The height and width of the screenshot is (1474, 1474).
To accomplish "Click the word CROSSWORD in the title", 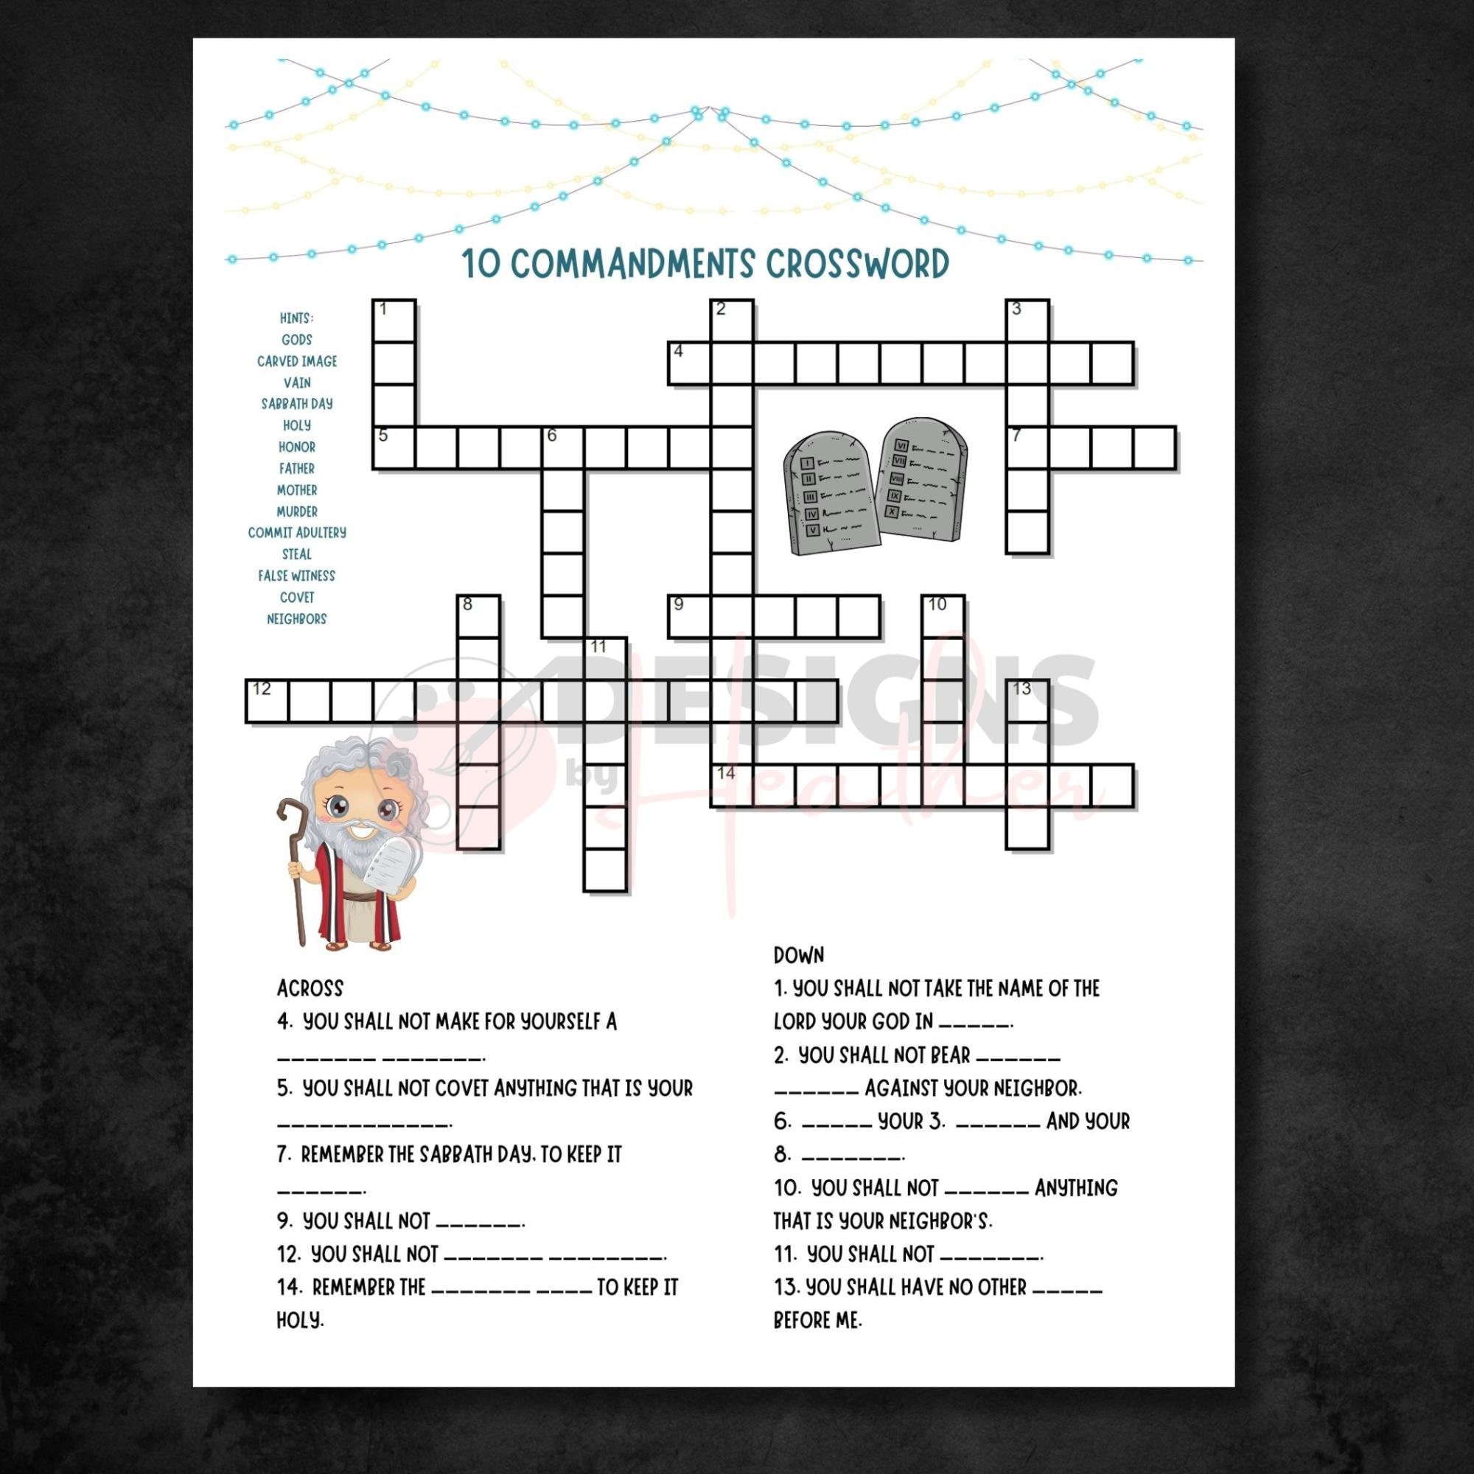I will pyautogui.click(x=857, y=264).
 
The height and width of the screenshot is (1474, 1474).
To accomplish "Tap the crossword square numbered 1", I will pyautogui.click(x=394, y=321).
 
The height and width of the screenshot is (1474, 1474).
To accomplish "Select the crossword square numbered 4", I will pyautogui.click(x=689, y=363).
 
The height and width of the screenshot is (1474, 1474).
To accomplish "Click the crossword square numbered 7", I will pyautogui.click(x=1026, y=448).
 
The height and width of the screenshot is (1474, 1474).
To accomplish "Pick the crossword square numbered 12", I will pyautogui.click(x=266, y=701).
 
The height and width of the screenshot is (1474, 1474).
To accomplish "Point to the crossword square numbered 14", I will pyautogui.click(x=732, y=786).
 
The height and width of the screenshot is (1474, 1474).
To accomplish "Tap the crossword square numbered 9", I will pyautogui.click(x=689, y=616).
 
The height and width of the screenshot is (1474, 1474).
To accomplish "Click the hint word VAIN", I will pyautogui.click(x=297, y=383).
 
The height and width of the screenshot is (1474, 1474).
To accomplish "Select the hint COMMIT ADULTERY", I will pyautogui.click(x=297, y=533).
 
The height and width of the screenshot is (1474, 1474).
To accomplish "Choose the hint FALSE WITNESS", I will pyautogui.click(x=297, y=576).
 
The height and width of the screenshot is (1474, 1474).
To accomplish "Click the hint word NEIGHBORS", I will pyautogui.click(x=297, y=619).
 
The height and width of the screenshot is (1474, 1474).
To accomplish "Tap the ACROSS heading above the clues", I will pyautogui.click(x=310, y=988).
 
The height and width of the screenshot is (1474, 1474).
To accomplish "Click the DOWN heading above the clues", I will pyautogui.click(x=799, y=955).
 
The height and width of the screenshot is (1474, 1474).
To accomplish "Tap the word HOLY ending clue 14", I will pyautogui.click(x=300, y=1320).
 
